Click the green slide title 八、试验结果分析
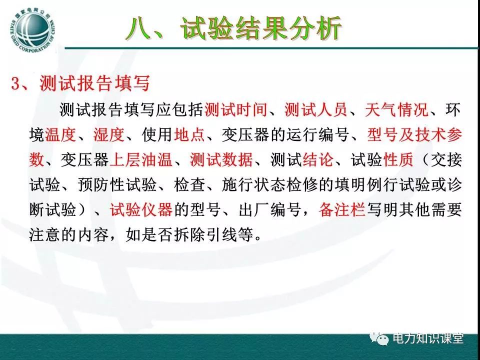click(234, 28)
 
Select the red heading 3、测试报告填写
click(80, 83)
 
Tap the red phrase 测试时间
click(235, 109)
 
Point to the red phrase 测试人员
click(316, 109)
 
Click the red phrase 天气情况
click(396, 109)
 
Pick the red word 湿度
click(109, 134)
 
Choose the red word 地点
click(189, 134)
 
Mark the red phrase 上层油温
click(140, 159)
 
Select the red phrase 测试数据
click(221, 159)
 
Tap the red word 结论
click(318, 159)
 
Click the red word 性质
click(398, 159)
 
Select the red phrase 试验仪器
click(141, 209)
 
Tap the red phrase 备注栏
click(342, 209)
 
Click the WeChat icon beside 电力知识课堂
click(379, 338)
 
